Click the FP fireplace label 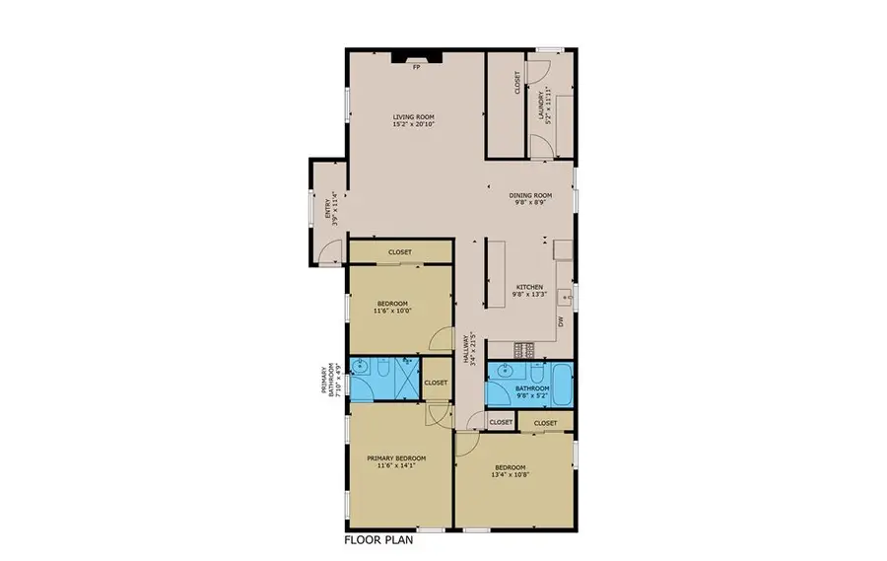pos(416,66)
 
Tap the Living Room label pos(413,120)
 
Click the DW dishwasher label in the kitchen pos(561,321)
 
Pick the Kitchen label pos(529,290)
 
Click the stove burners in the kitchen pos(524,349)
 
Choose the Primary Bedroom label pos(396,461)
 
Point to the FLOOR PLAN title pos(378,540)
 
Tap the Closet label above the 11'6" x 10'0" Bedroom pos(399,252)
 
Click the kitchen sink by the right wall pos(563,293)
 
